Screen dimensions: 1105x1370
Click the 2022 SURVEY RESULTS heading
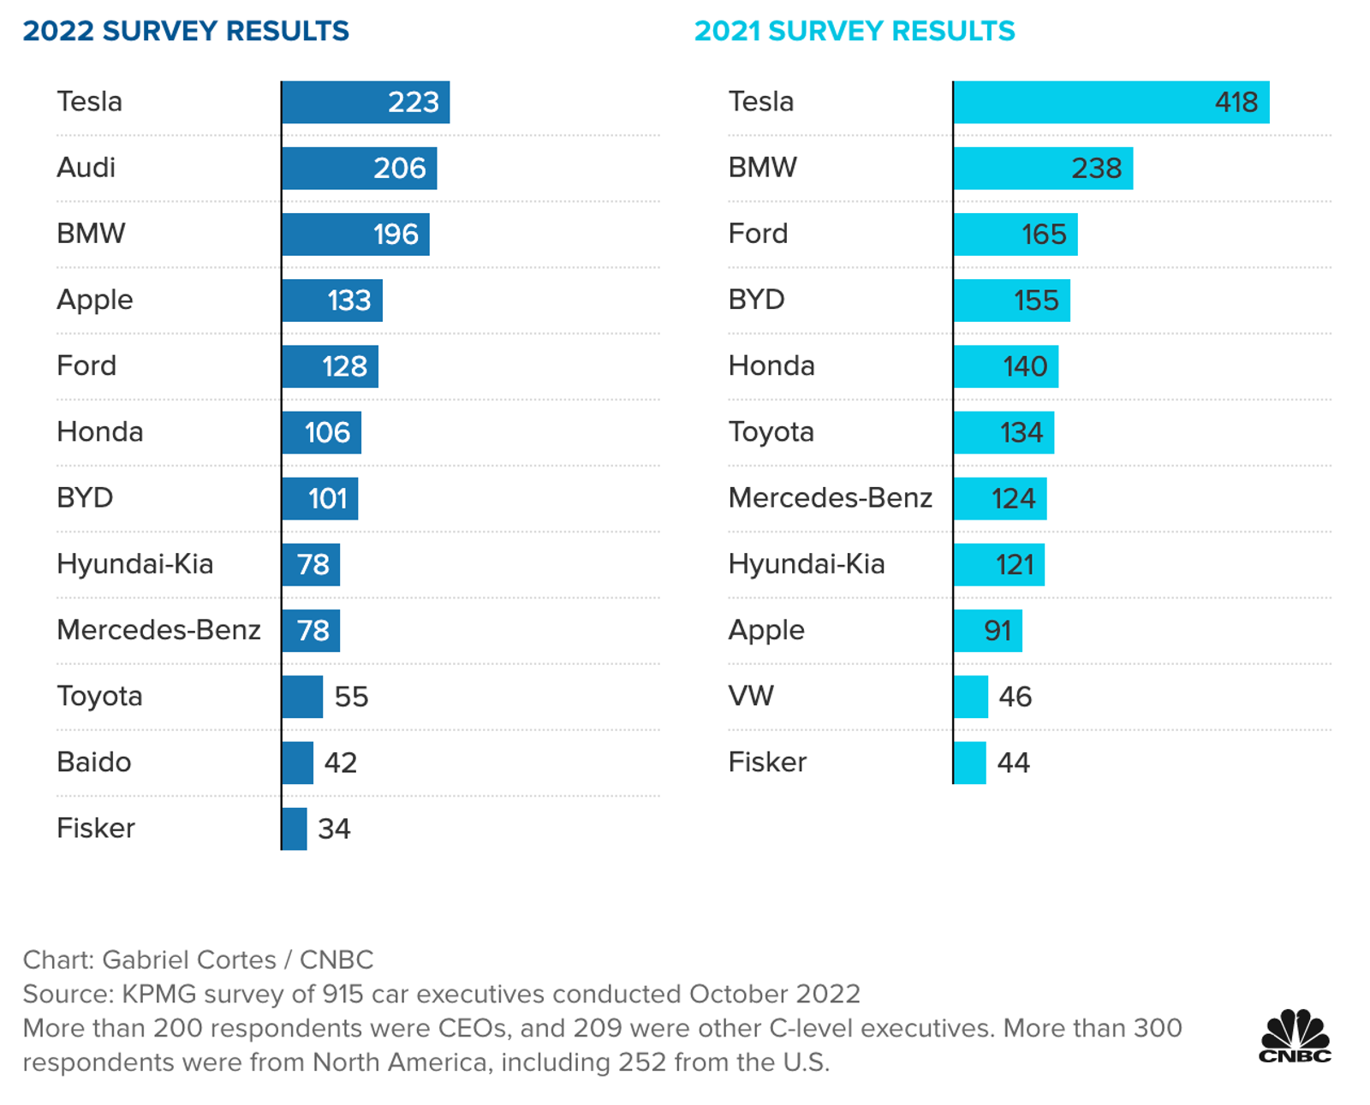pyautogui.click(x=186, y=31)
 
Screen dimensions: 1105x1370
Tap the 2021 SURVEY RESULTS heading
pyautogui.click(x=854, y=31)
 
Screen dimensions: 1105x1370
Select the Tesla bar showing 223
pyautogui.click(x=365, y=102)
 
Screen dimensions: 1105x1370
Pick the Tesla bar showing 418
pyautogui.click(x=1111, y=102)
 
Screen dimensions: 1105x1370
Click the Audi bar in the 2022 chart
pyautogui.click(x=359, y=168)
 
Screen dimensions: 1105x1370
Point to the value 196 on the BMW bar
pyautogui.click(x=396, y=235)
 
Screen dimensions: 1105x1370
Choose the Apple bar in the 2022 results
pyautogui.click(x=331, y=300)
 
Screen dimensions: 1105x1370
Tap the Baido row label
pyautogui.click(x=94, y=762)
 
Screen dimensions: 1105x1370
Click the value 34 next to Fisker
pyautogui.click(x=334, y=829)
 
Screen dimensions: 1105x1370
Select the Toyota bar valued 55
pyautogui.click(x=302, y=697)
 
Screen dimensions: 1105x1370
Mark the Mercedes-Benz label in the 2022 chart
pyautogui.click(x=158, y=630)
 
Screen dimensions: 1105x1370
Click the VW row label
pyautogui.click(x=751, y=696)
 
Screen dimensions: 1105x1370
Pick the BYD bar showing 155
pyautogui.click(x=1011, y=300)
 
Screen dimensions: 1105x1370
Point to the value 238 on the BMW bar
pyautogui.click(x=1096, y=169)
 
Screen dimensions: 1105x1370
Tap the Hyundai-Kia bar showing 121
pyautogui.click(x=998, y=565)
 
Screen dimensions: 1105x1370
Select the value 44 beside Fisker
pyautogui.click(x=1013, y=763)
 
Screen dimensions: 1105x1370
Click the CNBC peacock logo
pyautogui.click(x=1295, y=1037)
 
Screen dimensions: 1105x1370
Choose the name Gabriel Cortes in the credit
pyautogui.click(x=189, y=959)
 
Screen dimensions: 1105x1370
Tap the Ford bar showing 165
pyautogui.click(x=1015, y=235)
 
